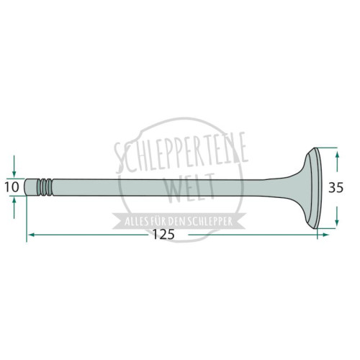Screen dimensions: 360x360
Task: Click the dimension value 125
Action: pyautogui.click(x=163, y=235)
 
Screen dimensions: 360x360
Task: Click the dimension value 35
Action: pyautogui.click(x=336, y=188)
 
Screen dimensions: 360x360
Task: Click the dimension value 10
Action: pyautogui.click(x=12, y=187)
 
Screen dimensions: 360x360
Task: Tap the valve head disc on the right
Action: pyautogui.click(x=315, y=188)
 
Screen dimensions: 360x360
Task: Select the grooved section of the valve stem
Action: pyautogui.click(x=45, y=187)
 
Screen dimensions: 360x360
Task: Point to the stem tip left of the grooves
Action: pyautogui.click(x=31, y=187)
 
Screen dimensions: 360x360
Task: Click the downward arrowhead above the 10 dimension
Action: pyautogui.click(x=14, y=174)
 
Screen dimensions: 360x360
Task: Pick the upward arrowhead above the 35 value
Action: pyautogui.click(x=337, y=156)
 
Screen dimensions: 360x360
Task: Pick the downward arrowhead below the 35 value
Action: pyautogui.click(x=337, y=221)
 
